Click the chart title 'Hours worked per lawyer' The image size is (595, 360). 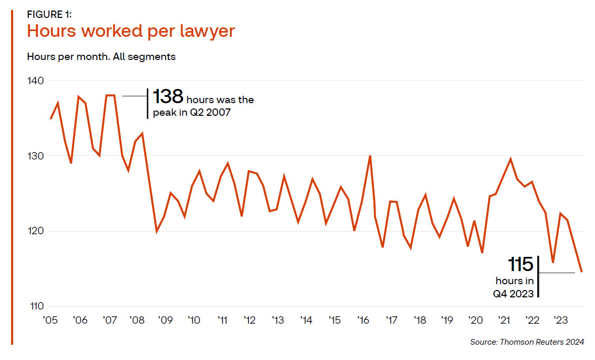[x=130, y=32]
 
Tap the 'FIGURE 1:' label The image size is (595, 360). [x=49, y=14]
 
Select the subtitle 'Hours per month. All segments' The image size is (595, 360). [x=101, y=56]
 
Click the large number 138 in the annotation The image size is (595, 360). [x=168, y=97]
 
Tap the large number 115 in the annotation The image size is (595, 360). [x=520, y=264]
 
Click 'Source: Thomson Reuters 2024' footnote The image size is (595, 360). [x=527, y=342]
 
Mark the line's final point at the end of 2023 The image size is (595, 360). [x=581, y=272]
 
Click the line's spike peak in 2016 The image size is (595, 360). [x=370, y=156]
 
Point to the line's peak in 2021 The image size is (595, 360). [x=510, y=158]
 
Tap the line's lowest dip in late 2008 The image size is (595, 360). [x=156, y=231]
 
